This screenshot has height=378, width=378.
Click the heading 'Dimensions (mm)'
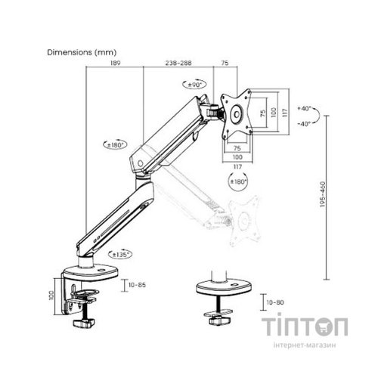coord(82,52)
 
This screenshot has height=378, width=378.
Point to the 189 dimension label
coord(116,63)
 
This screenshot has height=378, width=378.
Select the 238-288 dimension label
coord(178,63)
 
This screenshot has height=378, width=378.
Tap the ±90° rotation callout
coord(194,85)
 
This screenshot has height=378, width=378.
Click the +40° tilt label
coord(304,109)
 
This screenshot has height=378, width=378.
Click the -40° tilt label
coord(304,124)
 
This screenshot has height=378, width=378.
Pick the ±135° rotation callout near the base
coord(120,255)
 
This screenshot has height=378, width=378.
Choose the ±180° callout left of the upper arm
coord(115,145)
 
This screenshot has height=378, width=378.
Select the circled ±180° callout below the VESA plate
coord(238,181)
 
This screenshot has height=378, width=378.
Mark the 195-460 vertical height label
coord(323,194)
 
